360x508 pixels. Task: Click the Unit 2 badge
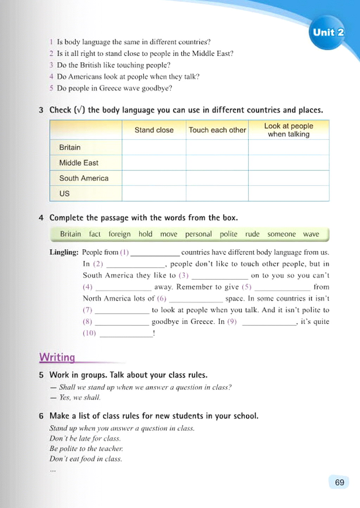point(328,32)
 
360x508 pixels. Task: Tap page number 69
point(339,482)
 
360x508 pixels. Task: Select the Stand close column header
point(154,130)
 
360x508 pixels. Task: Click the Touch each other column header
point(217,130)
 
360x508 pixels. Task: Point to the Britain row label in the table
point(70,147)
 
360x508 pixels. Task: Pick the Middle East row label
point(79,163)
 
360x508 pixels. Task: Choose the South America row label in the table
point(84,178)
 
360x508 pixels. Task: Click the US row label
point(64,194)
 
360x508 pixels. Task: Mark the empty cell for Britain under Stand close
point(154,147)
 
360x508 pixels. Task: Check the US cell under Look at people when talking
point(289,194)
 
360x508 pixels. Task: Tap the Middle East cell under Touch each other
point(217,163)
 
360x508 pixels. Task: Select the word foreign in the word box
point(120,234)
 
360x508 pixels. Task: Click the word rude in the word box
point(252,234)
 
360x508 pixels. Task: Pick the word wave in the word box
point(311,234)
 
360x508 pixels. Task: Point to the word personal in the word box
point(198,234)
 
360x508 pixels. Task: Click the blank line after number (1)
point(155,253)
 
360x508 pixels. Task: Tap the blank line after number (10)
point(126,334)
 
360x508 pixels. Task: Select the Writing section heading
point(57,357)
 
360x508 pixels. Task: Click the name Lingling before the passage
point(64,252)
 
